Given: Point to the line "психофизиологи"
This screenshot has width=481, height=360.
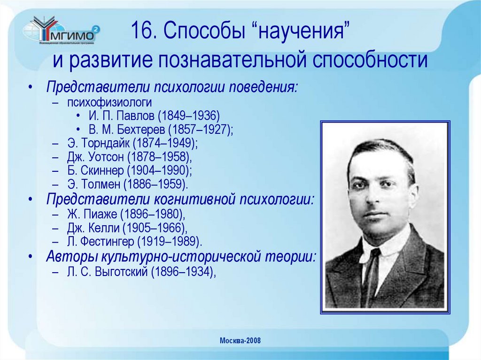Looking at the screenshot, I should coord(109,102).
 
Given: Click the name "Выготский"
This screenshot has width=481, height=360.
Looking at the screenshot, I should coord(123,272).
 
